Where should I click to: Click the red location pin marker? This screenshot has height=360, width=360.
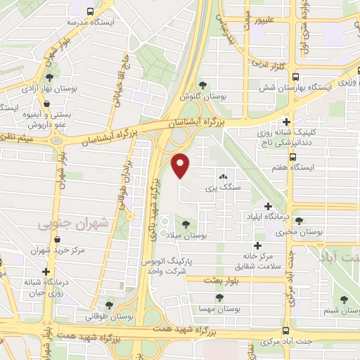click(x=181, y=166)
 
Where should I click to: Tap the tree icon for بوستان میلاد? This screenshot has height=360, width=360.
click(x=186, y=224)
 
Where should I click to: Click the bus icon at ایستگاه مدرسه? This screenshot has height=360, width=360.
click(x=91, y=12)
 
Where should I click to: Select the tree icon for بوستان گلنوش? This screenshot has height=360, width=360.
click(x=203, y=85)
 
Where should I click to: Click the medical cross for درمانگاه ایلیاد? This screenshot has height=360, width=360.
click(x=267, y=206)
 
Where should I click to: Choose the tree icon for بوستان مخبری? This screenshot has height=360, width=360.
click(x=299, y=221)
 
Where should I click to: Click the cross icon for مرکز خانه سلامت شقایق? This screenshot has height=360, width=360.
click(x=258, y=246)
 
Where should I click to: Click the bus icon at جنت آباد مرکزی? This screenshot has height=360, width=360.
click(x=285, y=330)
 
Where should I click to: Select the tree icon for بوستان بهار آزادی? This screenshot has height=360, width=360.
click(x=49, y=78)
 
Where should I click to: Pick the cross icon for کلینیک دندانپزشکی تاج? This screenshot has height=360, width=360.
click(x=285, y=122)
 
